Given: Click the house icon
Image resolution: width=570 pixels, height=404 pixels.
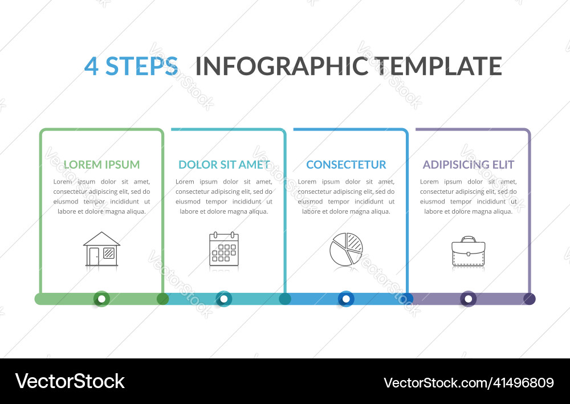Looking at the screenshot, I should (x=101, y=249).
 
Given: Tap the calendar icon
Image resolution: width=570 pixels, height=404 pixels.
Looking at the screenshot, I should (x=224, y=249).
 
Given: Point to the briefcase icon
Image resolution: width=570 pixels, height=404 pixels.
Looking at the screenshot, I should (x=469, y=251).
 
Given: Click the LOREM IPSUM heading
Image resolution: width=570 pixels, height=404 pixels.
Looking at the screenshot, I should (x=101, y=165).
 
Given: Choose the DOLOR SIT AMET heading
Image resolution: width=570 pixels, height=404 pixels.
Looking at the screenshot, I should (x=224, y=165).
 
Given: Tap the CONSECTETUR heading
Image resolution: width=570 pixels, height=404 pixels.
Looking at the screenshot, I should (x=346, y=165).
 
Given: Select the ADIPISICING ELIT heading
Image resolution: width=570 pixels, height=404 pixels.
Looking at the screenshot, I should (x=469, y=165).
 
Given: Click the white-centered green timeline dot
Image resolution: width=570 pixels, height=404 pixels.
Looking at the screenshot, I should (x=101, y=299).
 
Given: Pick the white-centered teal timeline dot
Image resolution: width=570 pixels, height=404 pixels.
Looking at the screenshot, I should (x=224, y=299).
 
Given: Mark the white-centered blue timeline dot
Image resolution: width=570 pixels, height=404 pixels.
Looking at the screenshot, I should (x=346, y=299).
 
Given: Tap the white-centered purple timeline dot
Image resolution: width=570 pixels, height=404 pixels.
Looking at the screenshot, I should (x=469, y=299).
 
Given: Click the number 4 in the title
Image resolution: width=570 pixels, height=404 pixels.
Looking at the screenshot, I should (x=91, y=66).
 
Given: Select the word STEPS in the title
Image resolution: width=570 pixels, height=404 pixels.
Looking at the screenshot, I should (x=142, y=66).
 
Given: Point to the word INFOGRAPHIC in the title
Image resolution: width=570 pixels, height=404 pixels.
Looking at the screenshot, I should (x=282, y=66).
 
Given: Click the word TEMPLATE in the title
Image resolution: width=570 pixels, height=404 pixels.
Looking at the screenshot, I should (x=438, y=66).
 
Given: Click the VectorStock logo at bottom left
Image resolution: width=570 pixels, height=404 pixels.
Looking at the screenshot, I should (x=70, y=381).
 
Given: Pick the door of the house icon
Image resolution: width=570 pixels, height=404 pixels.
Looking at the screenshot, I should (x=94, y=256).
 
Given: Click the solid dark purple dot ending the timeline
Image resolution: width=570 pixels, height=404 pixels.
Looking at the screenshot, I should (x=530, y=299).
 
